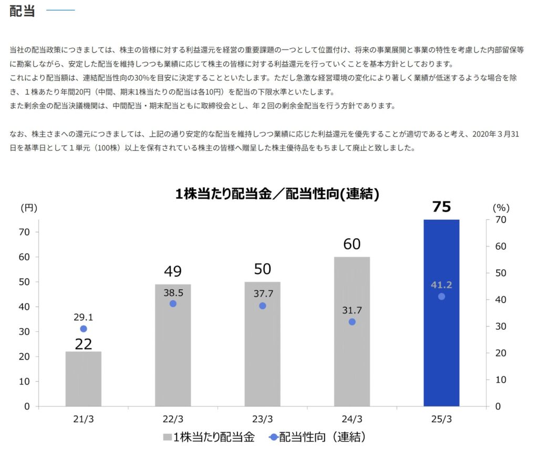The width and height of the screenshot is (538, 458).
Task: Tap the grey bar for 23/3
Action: click(262, 358)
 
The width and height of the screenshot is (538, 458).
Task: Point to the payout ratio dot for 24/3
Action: click(351, 322)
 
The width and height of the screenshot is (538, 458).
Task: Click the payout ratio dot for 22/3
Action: click(173, 304)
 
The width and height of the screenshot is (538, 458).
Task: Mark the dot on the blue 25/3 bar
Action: click(441, 297)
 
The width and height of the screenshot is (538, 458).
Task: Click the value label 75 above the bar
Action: click(441, 207)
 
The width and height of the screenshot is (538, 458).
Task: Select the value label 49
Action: click(173, 271)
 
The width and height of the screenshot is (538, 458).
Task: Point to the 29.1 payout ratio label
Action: click(84, 317)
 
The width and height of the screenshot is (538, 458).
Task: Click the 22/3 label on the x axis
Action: click(173, 419)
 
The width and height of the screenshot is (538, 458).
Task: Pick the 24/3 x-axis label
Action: click(351, 419)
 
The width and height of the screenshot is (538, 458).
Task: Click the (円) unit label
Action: click(28, 208)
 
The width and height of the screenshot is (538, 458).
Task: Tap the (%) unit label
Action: click(501, 208)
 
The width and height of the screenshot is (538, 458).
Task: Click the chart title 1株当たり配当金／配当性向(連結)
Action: click(277, 194)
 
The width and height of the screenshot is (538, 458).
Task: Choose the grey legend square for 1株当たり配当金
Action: click(168, 437)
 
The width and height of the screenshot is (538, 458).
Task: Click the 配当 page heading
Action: click(22, 11)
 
